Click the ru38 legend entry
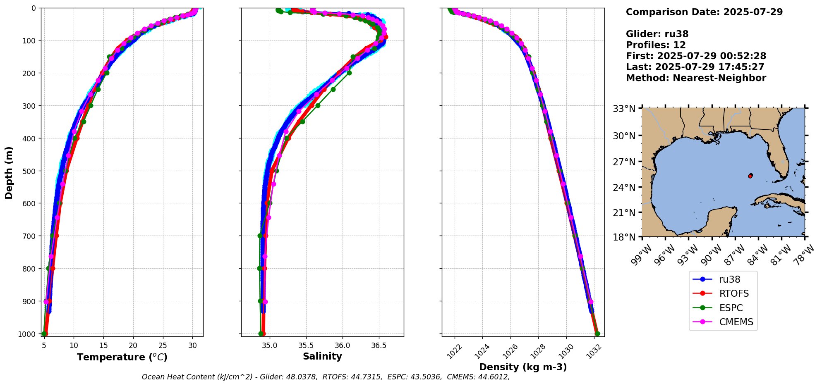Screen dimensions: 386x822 coord(729,279)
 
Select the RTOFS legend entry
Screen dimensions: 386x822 coord(733,293)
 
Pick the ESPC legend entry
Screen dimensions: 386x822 coord(731,308)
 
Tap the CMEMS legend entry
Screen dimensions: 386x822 coord(736,322)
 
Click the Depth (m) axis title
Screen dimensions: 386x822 coord(9,172)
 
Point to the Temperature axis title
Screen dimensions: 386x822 coord(122,357)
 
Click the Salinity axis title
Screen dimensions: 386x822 coord(322,356)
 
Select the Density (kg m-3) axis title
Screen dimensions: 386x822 coord(523,367)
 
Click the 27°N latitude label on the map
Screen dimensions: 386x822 coord(624,162)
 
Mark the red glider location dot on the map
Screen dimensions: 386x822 coord(750,176)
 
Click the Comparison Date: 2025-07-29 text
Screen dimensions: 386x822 coord(704,12)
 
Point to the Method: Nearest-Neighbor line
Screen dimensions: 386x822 coord(696,78)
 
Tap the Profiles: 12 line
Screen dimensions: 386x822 coord(656,45)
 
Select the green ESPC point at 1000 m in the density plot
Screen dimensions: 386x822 coord(597,334)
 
